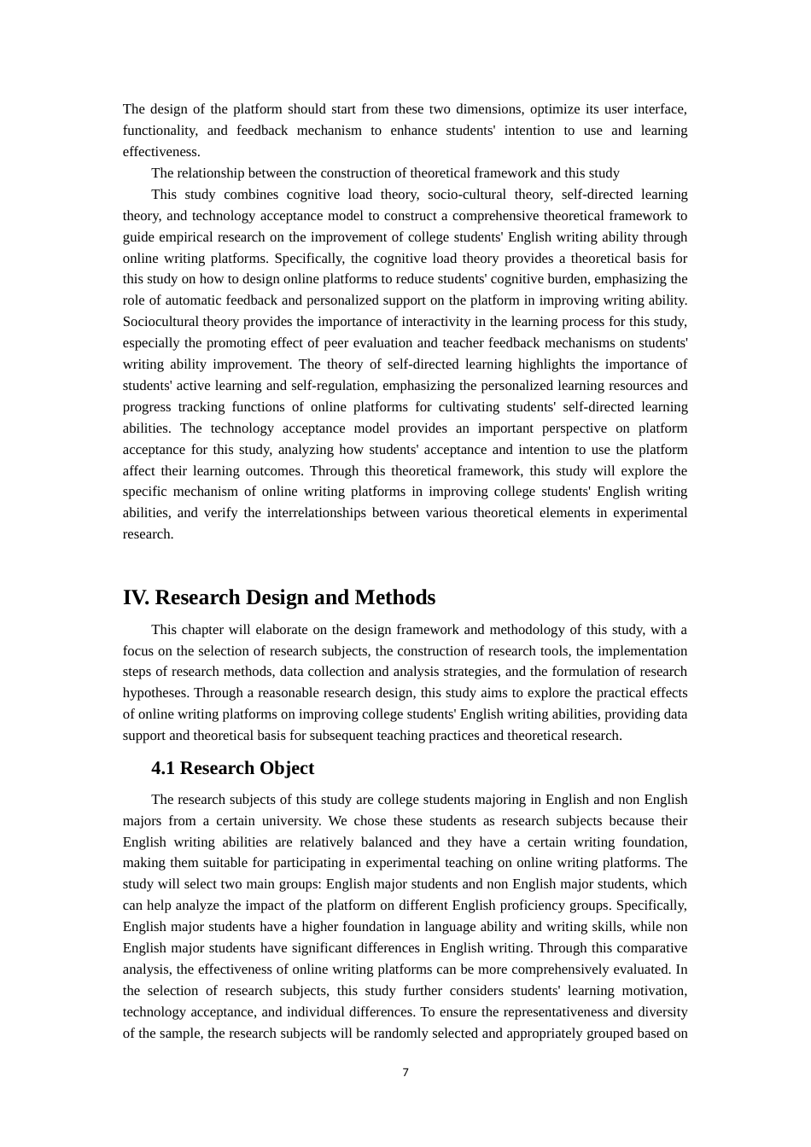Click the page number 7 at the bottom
[405, 1073]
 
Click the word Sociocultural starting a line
[160, 322]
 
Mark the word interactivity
[409, 322]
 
